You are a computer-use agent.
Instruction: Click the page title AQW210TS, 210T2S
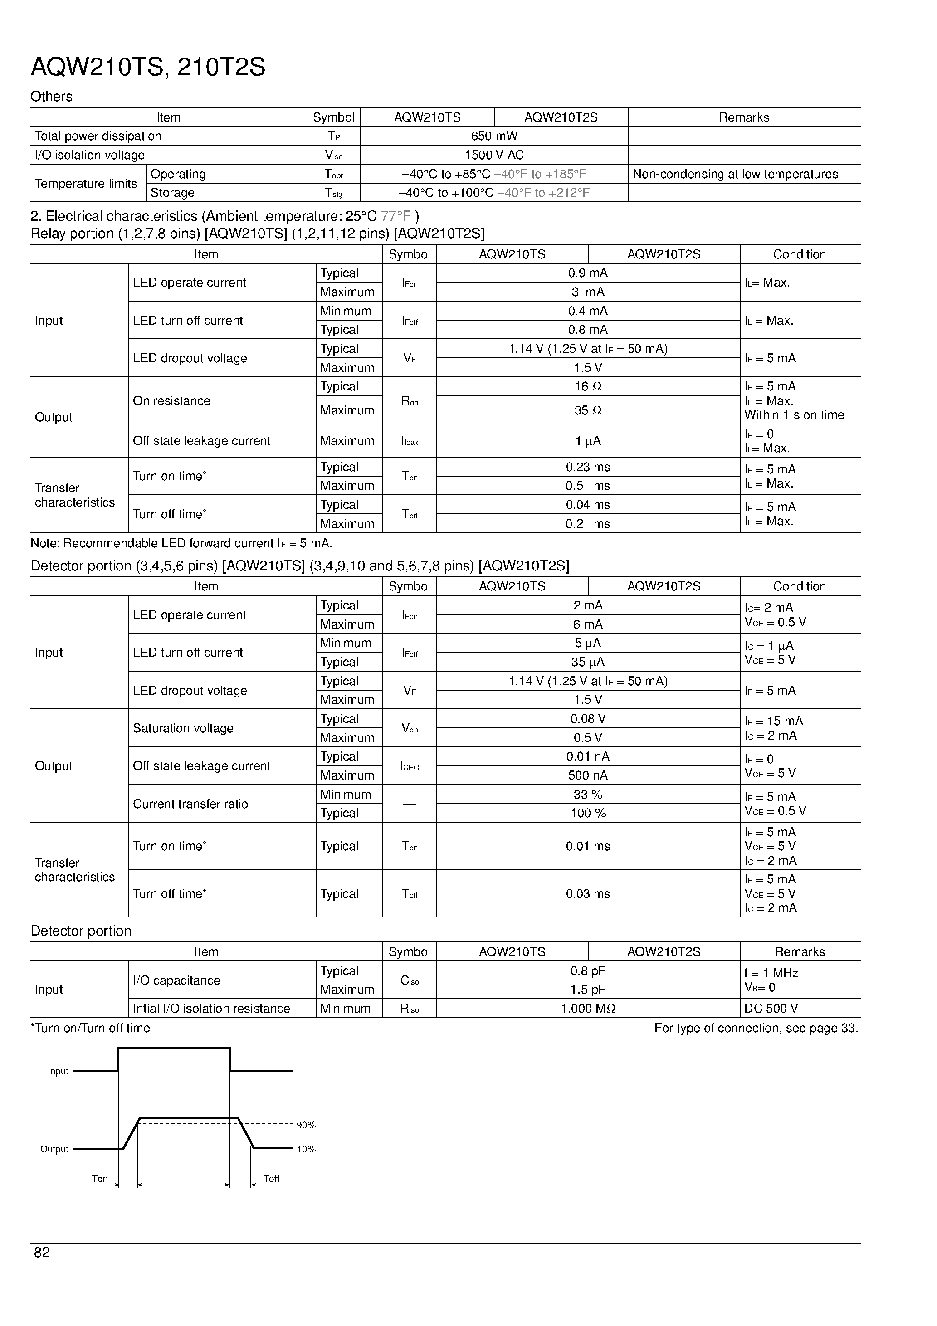tap(148, 68)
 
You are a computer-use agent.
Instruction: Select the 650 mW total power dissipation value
tap(494, 136)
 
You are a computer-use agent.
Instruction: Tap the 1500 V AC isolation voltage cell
tap(494, 156)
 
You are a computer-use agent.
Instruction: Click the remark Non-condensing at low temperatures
tap(735, 175)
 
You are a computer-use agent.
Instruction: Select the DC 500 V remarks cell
tap(771, 1009)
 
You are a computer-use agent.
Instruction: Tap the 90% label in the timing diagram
tap(306, 1126)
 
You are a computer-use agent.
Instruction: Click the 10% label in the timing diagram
tap(306, 1150)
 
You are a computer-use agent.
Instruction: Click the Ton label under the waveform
tap(100, 1179)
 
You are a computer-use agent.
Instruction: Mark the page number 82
tap(42, 1252)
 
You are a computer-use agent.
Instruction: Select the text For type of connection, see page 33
tap(756, 1029)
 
